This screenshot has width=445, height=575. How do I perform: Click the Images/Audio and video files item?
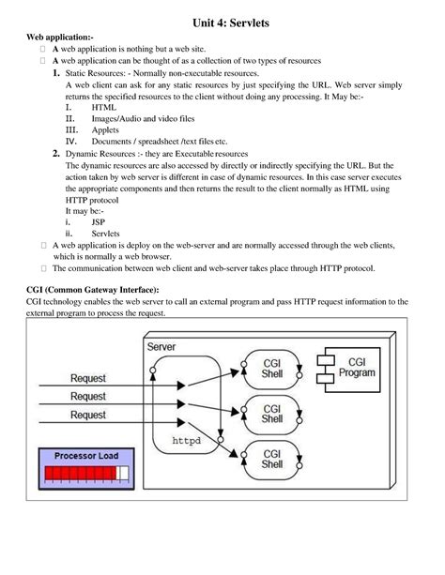[x=143, y=119]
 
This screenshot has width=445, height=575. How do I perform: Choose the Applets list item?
[x=106, y=131]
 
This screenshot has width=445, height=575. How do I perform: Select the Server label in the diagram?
[x=161, y=347]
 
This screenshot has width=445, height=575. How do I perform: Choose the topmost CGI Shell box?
[x=272, y=367]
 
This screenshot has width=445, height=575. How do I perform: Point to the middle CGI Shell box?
[x=272, y=414]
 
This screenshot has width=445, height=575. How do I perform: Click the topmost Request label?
[x=88, y=378]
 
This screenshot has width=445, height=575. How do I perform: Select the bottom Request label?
[x=88, y=415]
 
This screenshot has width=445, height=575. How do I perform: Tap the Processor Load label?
[x=86, y=456]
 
